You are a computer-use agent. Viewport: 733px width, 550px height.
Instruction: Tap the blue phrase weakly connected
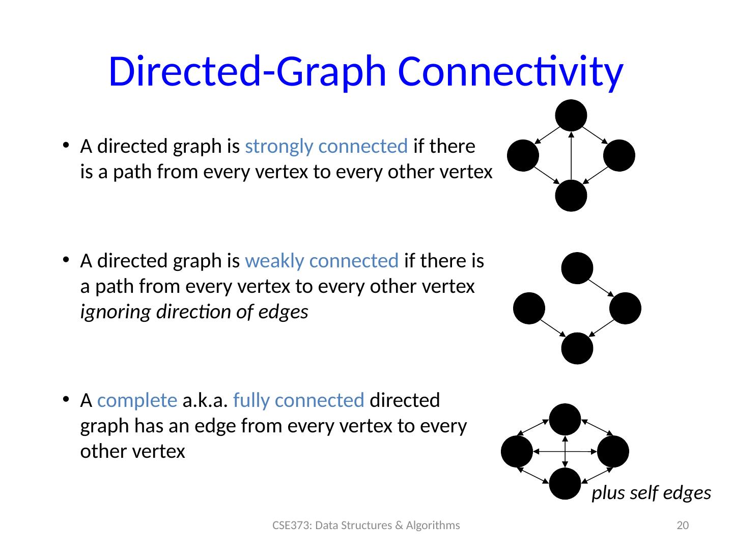click(x=321, y=261)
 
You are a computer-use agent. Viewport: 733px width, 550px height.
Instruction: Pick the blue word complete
click(x=137, y=401)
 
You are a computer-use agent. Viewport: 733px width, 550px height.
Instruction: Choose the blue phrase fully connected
click(x=298, y=401)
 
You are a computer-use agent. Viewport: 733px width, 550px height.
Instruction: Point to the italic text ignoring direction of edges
click(x=194, y=312)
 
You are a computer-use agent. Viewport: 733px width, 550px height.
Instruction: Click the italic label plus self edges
click(x=651, y=493)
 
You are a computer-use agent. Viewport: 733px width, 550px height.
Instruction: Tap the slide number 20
click(x=682, y=526)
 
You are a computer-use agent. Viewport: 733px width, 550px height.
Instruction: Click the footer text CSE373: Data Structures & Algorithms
click(x=366, y=526)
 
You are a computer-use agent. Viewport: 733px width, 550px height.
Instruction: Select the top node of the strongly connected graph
click(x=571, y=115)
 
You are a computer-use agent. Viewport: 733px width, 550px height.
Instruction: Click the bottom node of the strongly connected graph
click(x=571, y=196)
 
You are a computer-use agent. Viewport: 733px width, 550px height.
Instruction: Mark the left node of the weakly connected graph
click(x=529, y=308)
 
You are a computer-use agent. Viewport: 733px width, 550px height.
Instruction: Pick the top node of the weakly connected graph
click(x=577, y=268)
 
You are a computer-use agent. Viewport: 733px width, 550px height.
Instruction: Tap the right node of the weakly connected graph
click(x=625, y=308)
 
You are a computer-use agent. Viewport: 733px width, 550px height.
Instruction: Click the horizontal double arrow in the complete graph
click(x=565, y=451)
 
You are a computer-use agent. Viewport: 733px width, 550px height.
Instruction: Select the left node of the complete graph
click(x=517, y=451)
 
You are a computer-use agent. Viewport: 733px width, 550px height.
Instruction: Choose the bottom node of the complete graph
click(x=565, y=483)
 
